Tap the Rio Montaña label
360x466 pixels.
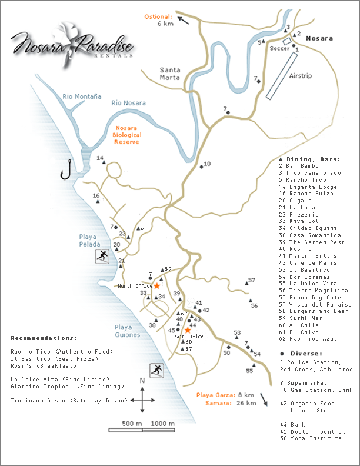tap(82, 96)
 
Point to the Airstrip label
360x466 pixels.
tap(301, 76)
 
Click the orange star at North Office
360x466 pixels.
tap(157, 285)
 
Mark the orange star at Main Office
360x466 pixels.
tap(188, 330)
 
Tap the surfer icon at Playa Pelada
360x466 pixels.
tap(104, 256)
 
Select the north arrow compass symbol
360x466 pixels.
tap(142, 400)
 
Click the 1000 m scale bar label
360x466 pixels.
tap(162, 423)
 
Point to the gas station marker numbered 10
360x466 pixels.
tap(202, 167)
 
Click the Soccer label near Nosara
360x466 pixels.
tap(279, 48)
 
